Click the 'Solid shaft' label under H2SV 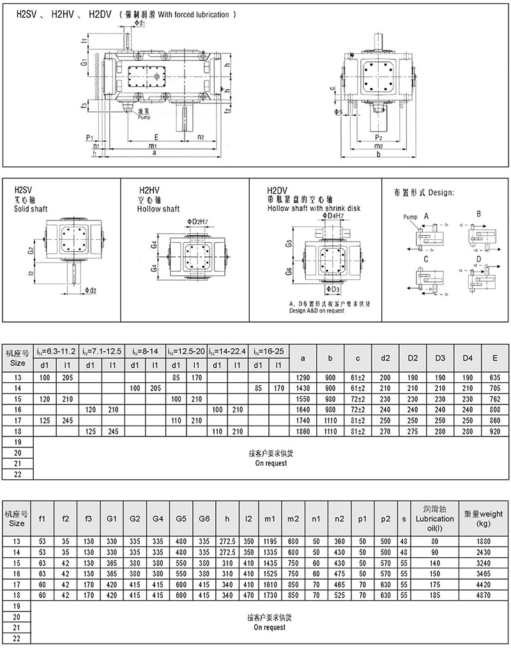coord(31,209)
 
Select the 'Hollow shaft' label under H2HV coord(159,209)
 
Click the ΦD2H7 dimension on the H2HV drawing coord(199,221)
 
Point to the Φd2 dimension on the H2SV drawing coord(90,291)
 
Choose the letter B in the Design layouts coord(478,213)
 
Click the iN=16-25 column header coord(269,351)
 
